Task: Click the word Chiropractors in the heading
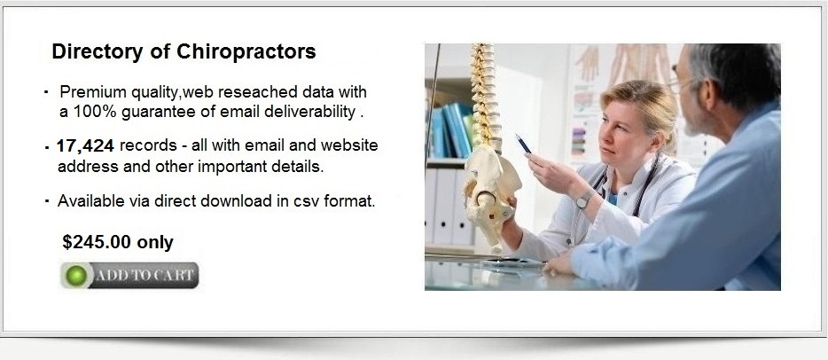(x=246, y=52)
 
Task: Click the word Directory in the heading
(x=98, y=52)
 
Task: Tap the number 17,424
(x=85, y=146)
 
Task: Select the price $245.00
(x=97, y=242)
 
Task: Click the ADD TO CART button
(x=129, y=276)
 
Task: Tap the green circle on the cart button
(x=76, y=276)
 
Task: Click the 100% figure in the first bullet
(x=95, y=112)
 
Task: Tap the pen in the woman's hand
(x=523, y=144)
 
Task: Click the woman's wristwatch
(x=583, y=199)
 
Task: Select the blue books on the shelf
(x=452, y=129)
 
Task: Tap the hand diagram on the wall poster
(x=588, y=63)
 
